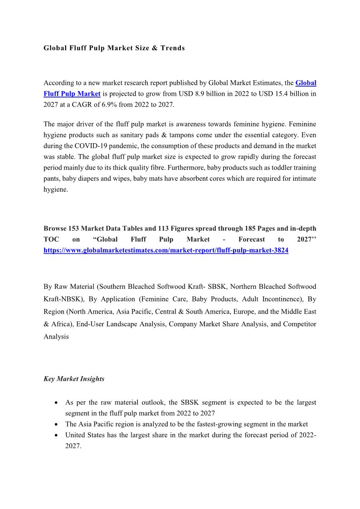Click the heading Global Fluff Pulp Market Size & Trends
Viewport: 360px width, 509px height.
(114, 48)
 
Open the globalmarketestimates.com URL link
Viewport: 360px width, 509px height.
(166, 250)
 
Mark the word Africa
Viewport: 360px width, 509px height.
(62, 324)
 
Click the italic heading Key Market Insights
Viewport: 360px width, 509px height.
(74, 379)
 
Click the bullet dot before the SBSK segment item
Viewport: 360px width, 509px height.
(55, 403)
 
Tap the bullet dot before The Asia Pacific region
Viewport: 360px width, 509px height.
(55, 425)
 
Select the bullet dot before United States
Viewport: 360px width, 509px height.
(55, 436)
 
